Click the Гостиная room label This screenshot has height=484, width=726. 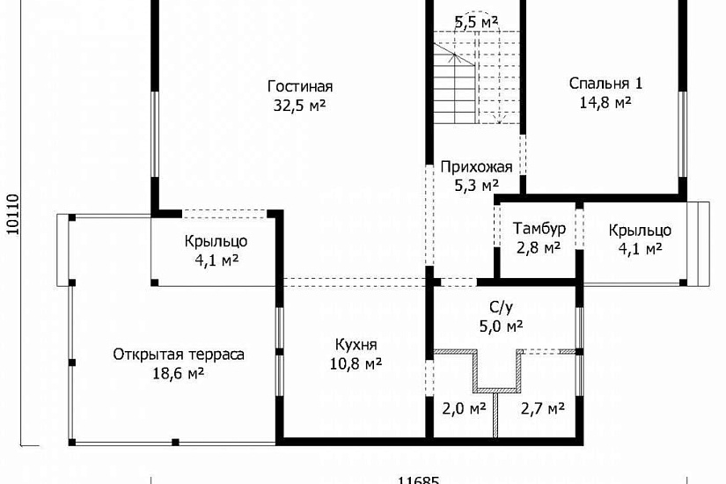click(300, 86)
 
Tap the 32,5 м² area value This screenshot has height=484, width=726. click(299, 106)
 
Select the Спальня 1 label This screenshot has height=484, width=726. click(605, 84)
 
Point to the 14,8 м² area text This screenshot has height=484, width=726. click(605, 102)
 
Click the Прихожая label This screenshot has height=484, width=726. click(476, 166)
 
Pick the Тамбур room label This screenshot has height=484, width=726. click(539, 228)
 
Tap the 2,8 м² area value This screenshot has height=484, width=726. click(539, 248)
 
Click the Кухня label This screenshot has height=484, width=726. click(356, 345)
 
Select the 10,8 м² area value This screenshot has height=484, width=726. click(356, 364)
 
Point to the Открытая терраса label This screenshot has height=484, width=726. click(179, 355)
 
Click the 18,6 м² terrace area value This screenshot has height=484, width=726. click(179, 373)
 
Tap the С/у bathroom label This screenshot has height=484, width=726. click(502, 307)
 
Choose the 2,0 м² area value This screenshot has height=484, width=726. click(464, 408)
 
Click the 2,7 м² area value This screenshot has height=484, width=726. click(543, 408)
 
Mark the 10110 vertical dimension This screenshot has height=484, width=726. click(13, 214)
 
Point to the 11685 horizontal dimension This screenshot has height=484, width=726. click(419, 480)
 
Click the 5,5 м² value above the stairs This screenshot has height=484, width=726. click(476, 22)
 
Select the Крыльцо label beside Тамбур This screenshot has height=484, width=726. click(640, 231)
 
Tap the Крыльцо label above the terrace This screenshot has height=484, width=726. click(216, 241)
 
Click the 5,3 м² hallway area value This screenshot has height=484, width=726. click(476, 186)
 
